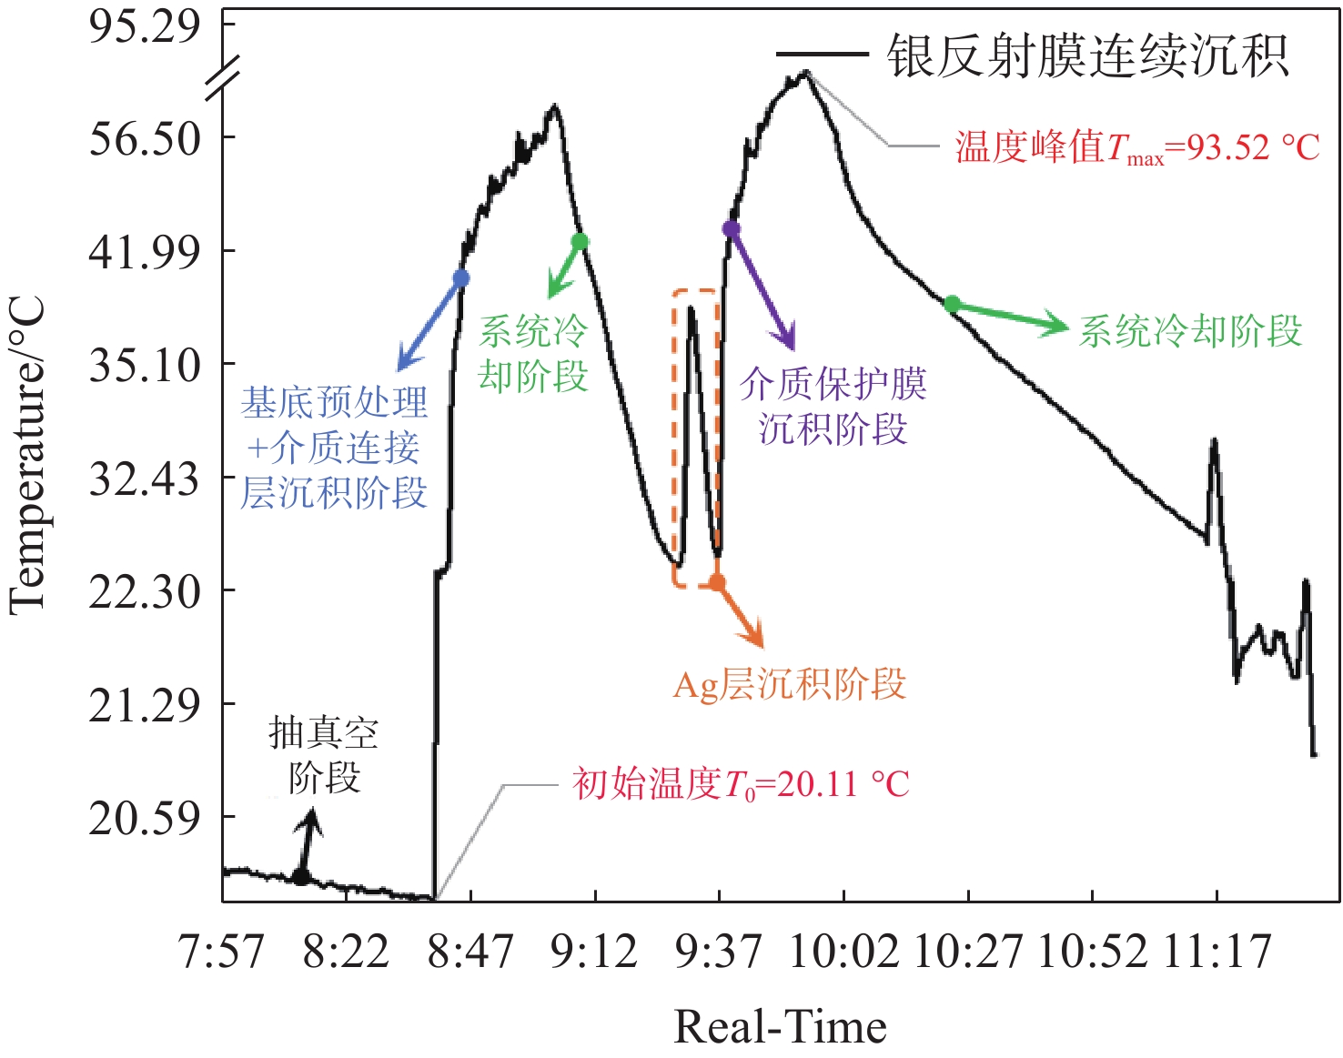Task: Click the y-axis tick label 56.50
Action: (144, 138)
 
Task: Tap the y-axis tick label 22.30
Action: (144, 592)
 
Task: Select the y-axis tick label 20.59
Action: (144, 818)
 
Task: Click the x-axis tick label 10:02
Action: (843, 952)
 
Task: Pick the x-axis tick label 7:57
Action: (222, 952)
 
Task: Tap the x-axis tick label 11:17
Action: (1217, 952)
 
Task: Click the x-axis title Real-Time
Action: (780, 1027)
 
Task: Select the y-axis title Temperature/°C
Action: (27, 455)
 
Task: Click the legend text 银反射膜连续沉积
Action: (1087, 56)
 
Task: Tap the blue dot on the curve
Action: (461, 278)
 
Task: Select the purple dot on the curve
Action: (731, 229)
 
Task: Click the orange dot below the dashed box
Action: (717, 582)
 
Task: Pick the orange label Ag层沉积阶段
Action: (789, 685)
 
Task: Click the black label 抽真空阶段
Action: (323, 755)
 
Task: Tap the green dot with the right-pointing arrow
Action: (952, 304)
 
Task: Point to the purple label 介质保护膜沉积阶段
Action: (833, 407)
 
